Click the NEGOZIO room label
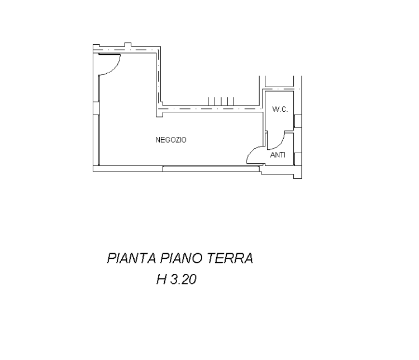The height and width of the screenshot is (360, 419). [171, 140]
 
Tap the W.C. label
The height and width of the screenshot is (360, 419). [280, 110]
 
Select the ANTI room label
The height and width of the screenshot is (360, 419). [278, 155]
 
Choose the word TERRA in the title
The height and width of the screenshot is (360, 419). [231, 258]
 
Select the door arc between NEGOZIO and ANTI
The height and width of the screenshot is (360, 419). [253, 153]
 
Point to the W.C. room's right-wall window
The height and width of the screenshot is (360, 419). [298, 121]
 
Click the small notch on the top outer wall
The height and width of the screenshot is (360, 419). [128, 45]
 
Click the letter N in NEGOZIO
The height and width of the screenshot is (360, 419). [158, 140]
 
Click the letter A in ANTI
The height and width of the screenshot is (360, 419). [272, 155]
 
